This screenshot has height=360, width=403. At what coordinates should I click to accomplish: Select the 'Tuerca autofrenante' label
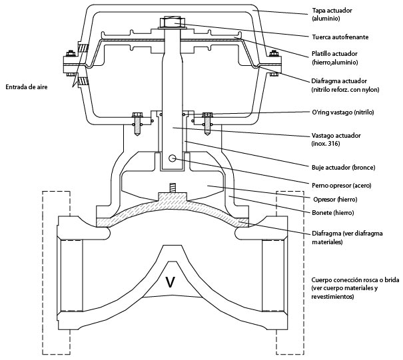[x=340, y=37]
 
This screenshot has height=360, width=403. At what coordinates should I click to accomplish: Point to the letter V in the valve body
[x=170, y=282]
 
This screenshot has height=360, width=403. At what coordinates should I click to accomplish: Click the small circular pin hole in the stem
[x=173, y=159]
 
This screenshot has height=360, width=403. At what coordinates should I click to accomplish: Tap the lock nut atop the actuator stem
[x=172, y=23]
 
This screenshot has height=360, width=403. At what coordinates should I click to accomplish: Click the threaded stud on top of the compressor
[x=172, y=189]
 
